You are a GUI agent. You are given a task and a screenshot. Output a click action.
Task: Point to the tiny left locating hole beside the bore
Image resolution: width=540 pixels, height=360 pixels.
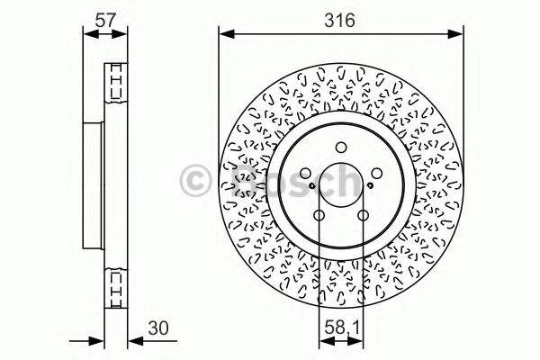tap(311, 186)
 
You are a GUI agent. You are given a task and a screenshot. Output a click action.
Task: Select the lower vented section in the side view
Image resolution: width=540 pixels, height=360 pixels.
tap(115, 285)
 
